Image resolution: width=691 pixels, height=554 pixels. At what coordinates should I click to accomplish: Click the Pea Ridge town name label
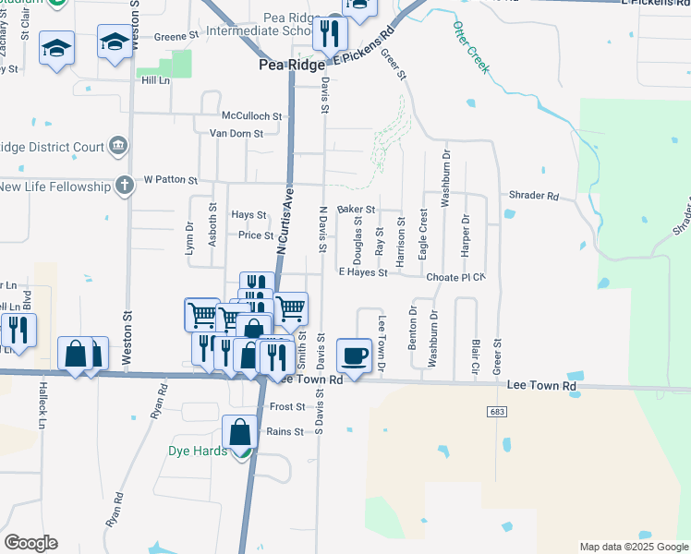click(290, 66)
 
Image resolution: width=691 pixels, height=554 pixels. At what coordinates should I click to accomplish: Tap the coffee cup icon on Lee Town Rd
click(355, 355)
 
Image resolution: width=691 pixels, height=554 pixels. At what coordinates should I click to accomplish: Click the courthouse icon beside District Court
click(117, 145)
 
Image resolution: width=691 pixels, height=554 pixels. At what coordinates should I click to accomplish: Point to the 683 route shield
click(498, 410)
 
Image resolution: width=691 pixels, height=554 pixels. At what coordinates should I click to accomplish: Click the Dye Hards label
click(197, 452)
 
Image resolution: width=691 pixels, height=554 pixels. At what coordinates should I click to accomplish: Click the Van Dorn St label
click(237, 134)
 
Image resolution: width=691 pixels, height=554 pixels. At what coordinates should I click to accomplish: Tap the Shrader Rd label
click(534, 197)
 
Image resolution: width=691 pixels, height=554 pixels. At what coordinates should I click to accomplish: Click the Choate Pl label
click(455, 277)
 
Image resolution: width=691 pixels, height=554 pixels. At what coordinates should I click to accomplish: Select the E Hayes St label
click(362, 272)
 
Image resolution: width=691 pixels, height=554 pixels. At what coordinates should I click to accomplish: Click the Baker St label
click(356, 211)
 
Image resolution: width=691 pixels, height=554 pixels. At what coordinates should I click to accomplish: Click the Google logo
click(30, 542)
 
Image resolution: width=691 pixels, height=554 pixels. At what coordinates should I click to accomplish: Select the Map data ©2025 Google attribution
click(634, 547)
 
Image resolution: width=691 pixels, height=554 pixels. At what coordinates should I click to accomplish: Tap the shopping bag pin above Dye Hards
click(239, 432)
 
